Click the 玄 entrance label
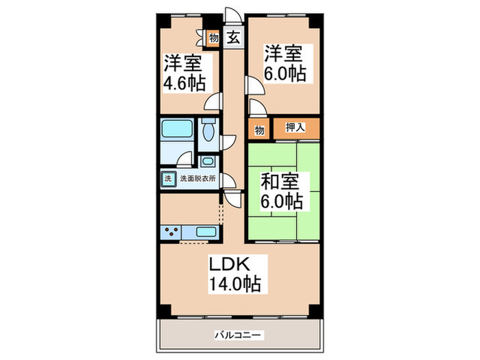pos(234,38)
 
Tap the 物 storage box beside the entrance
pos(214,38)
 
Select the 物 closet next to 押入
pos(259,128)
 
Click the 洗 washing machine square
pos(168,179)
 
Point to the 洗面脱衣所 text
pos(198,179)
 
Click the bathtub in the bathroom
pos(176,129)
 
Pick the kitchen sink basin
pos(206,232)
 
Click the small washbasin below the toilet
pos(208,162)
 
